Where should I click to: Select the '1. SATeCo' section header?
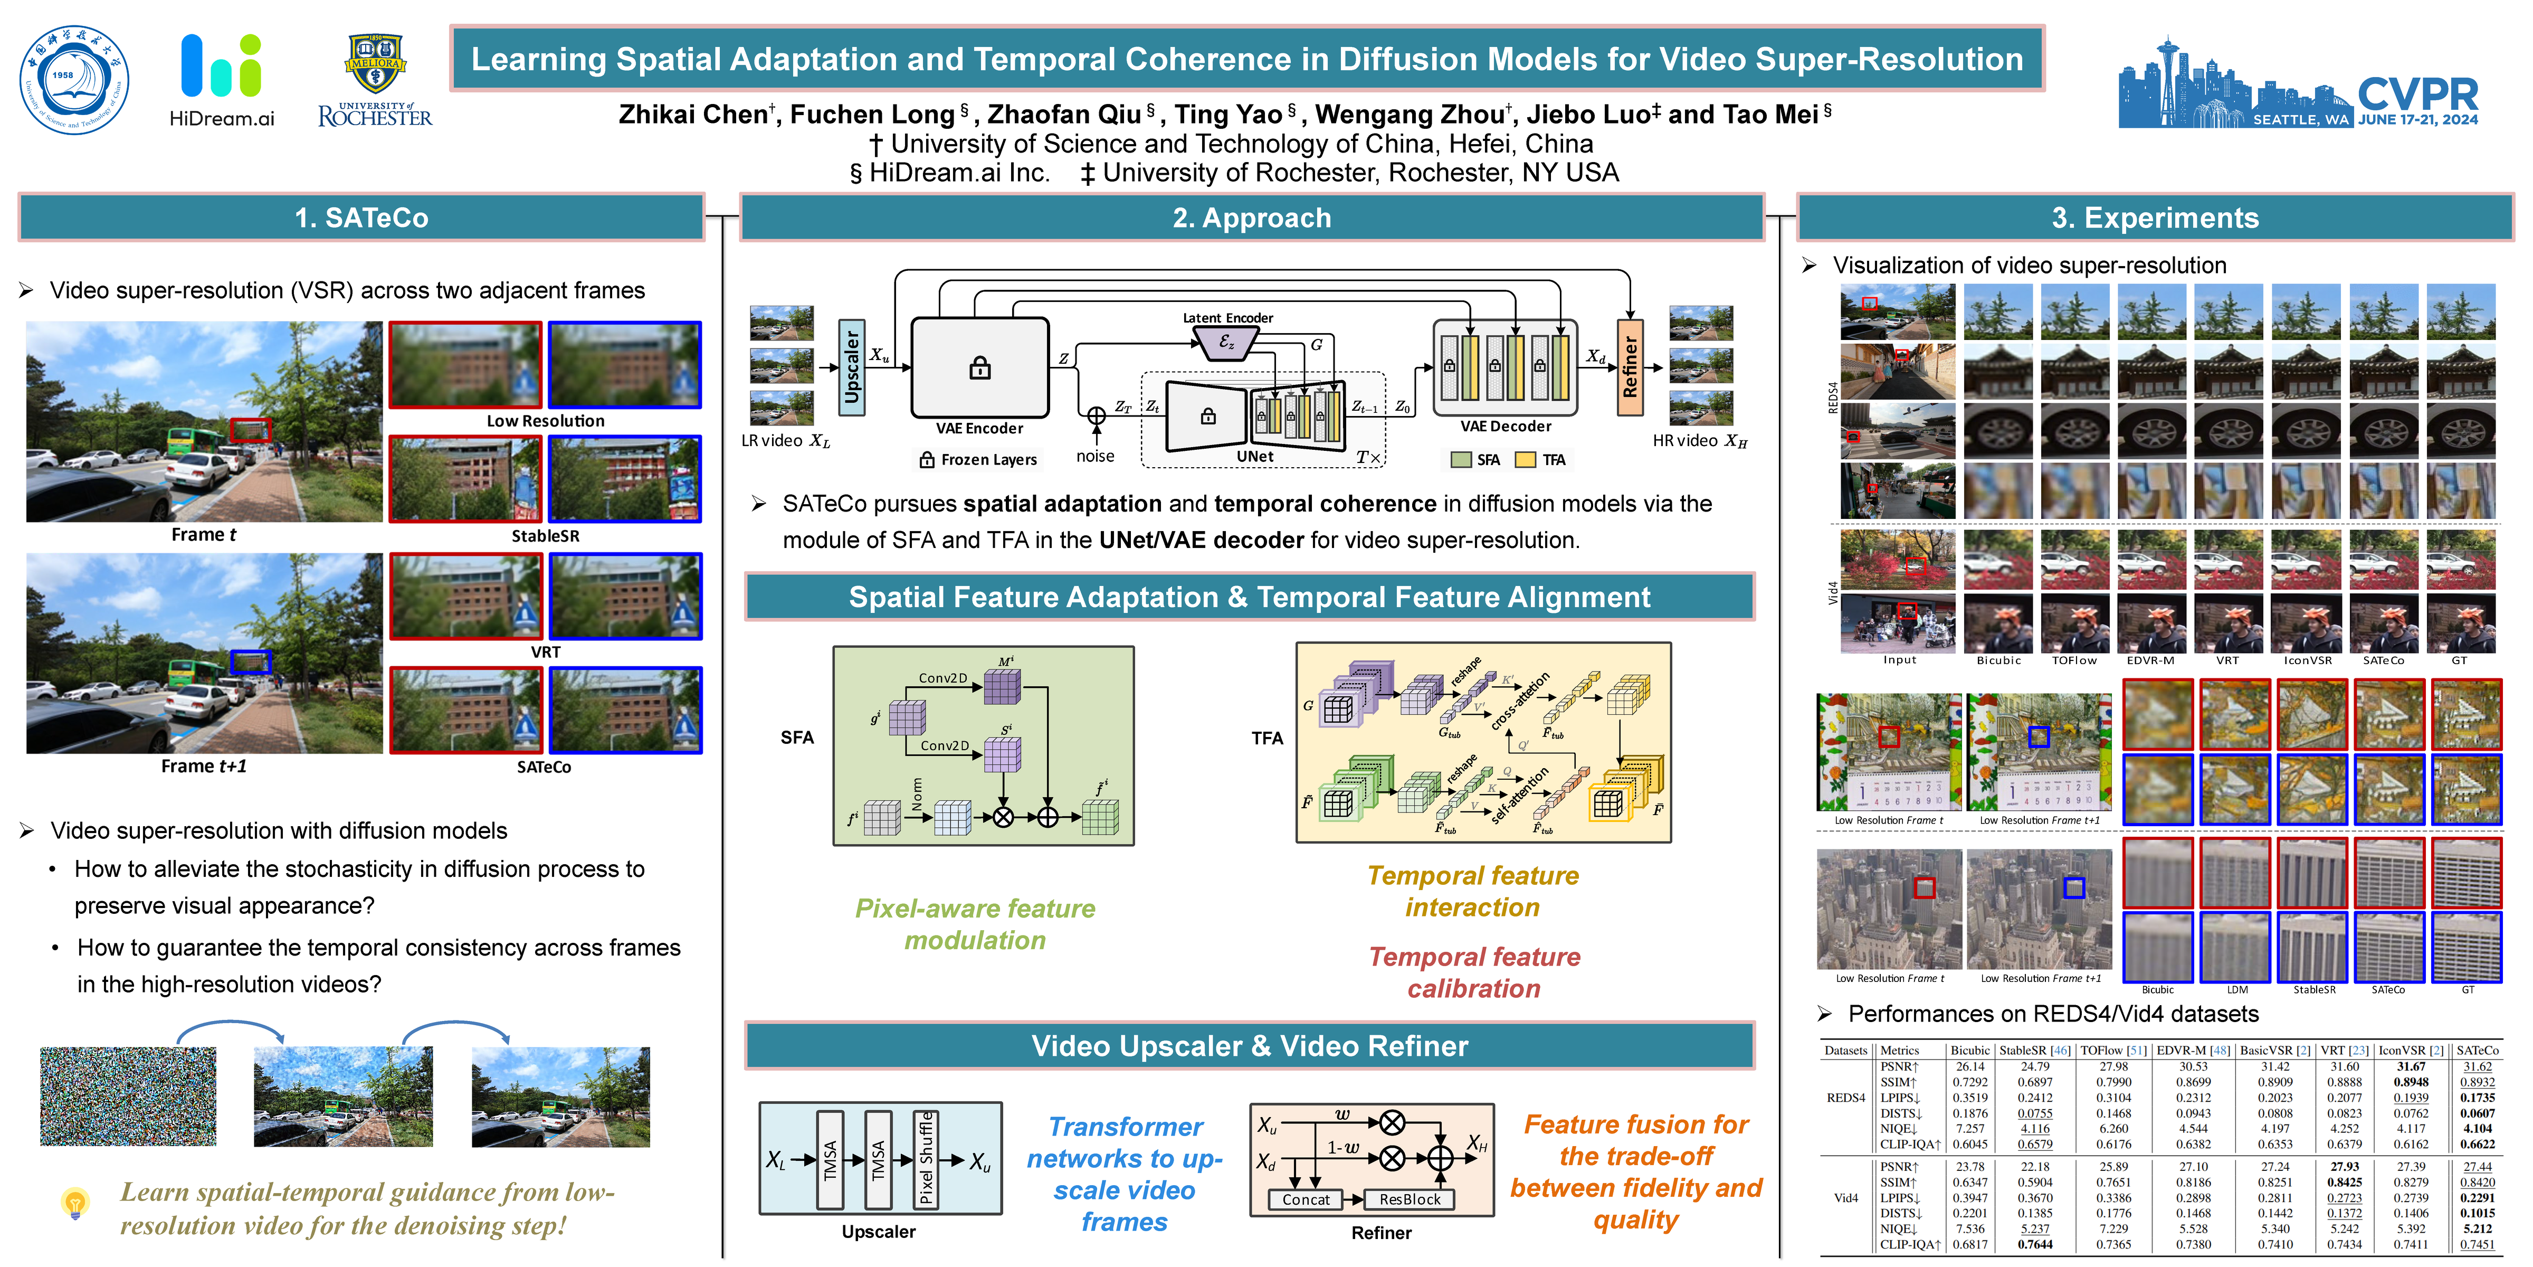click(362, 218)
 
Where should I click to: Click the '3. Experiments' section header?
click(2155, 218)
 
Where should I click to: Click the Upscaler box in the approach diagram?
click(852, 367)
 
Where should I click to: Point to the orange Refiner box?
click(1630, 367)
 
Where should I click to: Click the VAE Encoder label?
click(979, 428)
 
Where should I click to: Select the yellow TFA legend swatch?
click(1525, 459)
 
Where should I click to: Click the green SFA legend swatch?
click(1461, 459)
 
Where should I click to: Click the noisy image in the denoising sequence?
click(128, 1096)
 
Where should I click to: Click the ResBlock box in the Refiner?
click(1409, 1199)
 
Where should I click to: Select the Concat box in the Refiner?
click(1305, 1199)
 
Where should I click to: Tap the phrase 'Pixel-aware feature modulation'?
click(975, 924)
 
